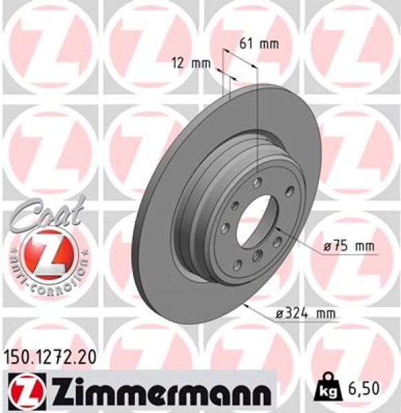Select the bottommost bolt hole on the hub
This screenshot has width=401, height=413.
pos(256,257)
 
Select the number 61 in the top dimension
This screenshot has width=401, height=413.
pos(246,44)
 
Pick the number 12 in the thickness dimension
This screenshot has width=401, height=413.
pos(180,64)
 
